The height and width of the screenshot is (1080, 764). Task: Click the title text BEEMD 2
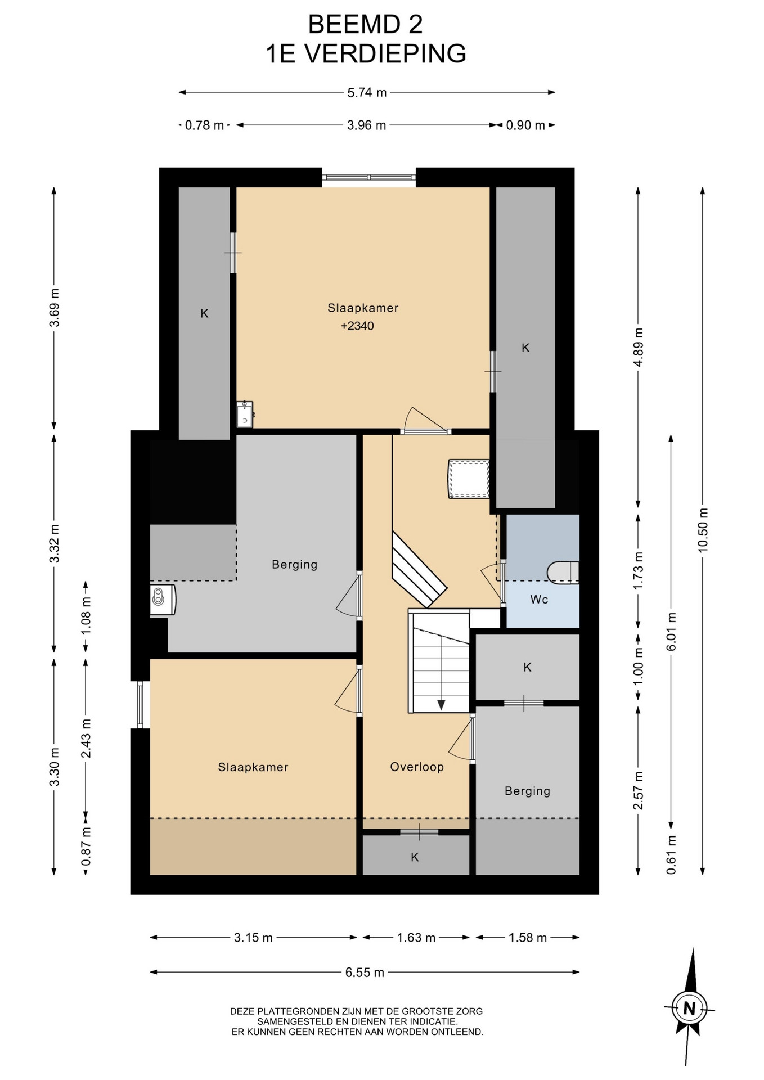click(x=366, y=25)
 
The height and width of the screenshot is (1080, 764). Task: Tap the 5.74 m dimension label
click(x=367, y=93)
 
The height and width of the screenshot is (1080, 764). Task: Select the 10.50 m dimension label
click(x=703, y=530)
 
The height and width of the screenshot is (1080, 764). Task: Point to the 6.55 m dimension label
click(x=365, y=972)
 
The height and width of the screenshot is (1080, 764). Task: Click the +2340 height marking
click(x=357, y=326)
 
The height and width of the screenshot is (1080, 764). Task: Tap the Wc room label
click(x=539, y=600)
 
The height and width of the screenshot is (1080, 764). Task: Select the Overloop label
click(x=417, y=767)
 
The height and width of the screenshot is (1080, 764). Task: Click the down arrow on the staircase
click(x=441, y=704)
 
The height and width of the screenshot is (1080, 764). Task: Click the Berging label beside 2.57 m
click(x=527, y=791)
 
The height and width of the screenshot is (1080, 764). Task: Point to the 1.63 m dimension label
click(x=416, y=938)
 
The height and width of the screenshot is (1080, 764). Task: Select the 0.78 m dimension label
click(x=205, y=125)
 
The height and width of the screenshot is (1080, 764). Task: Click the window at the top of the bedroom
click(x=369, y=177)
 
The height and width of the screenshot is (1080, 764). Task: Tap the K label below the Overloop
click(x=415, y=857)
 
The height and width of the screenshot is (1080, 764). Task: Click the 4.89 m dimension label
click(x=638, y=348)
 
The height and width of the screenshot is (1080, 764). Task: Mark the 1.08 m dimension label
click(x=86, y=615)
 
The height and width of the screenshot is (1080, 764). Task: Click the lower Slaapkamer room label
click(x=253, y=767)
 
